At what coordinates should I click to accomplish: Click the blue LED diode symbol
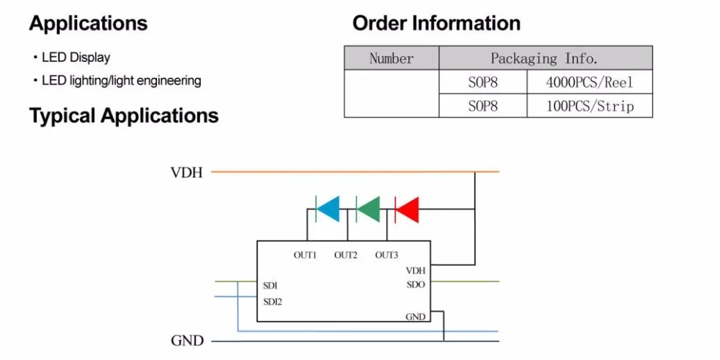(328, 209)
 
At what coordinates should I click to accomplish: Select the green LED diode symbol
(368, 209)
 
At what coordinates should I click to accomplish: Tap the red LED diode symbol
(407, 209)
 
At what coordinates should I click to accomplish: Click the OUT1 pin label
(305, 256)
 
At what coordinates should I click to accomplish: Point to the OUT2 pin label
(346, 256)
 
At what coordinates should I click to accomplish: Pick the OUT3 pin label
(387, 256)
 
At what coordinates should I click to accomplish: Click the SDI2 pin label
(272, 302)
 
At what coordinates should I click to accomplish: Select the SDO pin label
(416, 284)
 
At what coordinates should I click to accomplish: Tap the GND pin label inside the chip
(415, 317)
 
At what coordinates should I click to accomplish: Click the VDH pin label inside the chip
(416, 271)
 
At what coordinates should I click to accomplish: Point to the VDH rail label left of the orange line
(186, 173)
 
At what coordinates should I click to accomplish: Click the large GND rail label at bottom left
(187, 341)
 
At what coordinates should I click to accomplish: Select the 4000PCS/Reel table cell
(590, 82)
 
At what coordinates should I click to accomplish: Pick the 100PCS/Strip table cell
(590, 106)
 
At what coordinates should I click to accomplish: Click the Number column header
(392, 58)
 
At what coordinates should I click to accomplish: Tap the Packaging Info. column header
(546, 58)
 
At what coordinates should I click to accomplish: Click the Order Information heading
(437, 24)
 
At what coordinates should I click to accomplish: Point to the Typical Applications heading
(124, 116)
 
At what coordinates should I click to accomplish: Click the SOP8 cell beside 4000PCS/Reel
(483, 82)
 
